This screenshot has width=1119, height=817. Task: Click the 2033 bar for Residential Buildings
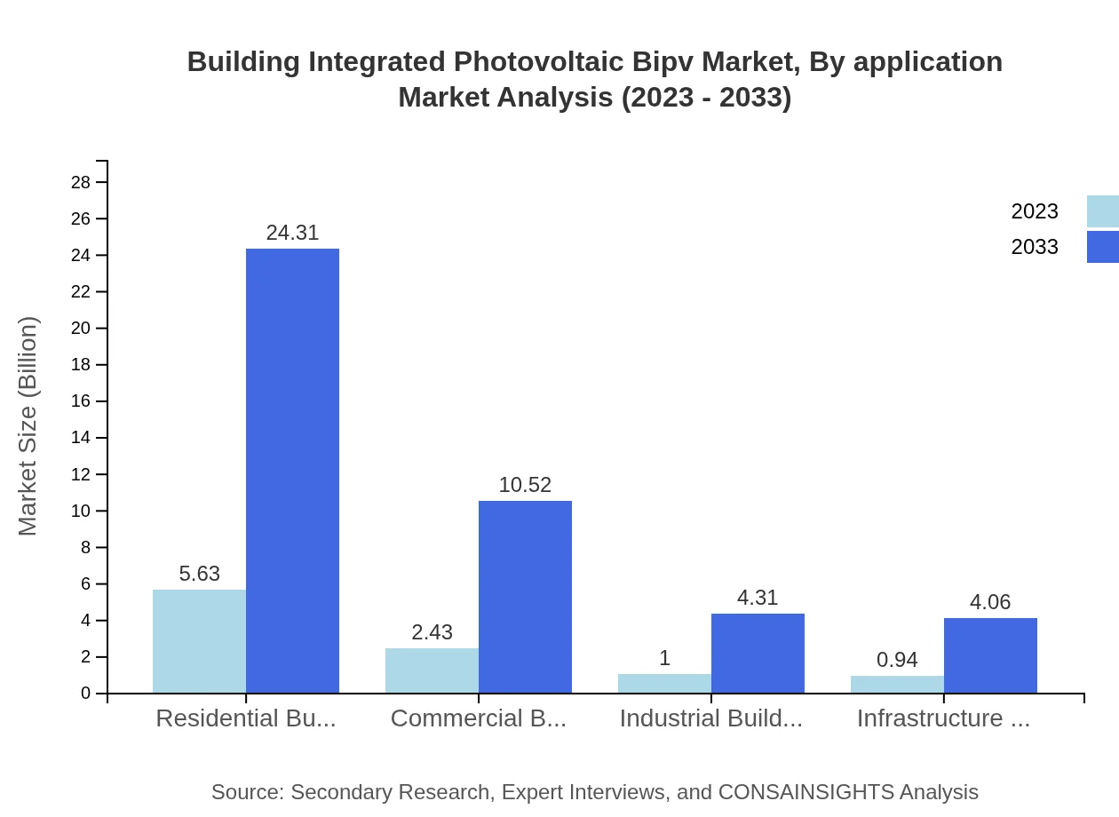click(x=292, y=471)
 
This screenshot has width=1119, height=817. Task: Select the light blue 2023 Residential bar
click(x=199, y=641)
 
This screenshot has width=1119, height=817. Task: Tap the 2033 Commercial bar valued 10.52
click(x=525, y=597)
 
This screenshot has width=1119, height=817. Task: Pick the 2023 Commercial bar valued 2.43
click(x=432, y=670)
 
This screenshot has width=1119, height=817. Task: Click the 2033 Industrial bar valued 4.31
click(x=758, y=654)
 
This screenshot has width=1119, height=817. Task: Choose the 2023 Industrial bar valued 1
click(x=664, y=684)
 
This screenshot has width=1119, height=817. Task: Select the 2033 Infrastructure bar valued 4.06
click(x=990, y=655)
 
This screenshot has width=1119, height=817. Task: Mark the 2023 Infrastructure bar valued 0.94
click(x=897, y=685)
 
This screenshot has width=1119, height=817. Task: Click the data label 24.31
click(x=292, y=233)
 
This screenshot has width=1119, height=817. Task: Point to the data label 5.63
click(x=199, y=574)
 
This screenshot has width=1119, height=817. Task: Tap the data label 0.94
click(x=897, y=660)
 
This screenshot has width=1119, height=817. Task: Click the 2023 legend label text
click(x=1035, y=211)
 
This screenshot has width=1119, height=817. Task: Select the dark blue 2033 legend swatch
click(x=1103, y=247)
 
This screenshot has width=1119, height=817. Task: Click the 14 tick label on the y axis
click(x=81, y=438)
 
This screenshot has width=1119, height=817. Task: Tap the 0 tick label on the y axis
click(x=86, y=694)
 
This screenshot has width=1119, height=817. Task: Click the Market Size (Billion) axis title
click(x=28, y=426)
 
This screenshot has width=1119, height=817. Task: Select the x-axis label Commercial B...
click(x=478, y=718)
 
